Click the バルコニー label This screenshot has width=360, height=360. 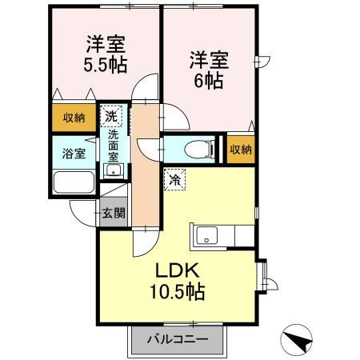(177, 338)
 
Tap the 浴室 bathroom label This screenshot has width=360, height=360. (74, 152)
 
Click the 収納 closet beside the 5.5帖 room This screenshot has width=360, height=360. (74, 118)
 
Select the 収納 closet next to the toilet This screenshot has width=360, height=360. (240, 149)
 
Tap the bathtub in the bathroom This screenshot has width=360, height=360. (74, 182)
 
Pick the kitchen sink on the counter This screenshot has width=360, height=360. (206, 235)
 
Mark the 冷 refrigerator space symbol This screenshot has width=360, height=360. (174, 180)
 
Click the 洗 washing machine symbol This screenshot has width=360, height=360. (114, 116)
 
